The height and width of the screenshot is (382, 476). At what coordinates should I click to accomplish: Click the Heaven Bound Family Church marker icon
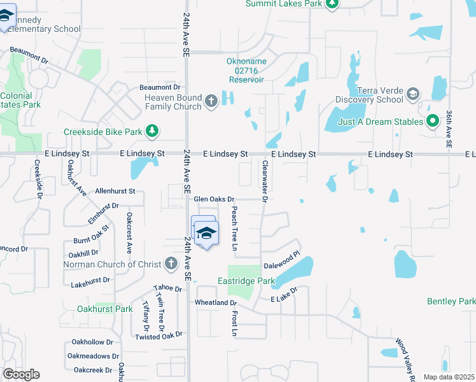coord(211,101)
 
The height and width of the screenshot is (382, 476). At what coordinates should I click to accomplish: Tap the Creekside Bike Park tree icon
coord(151,132)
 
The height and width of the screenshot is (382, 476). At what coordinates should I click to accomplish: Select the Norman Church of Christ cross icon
coord(171,264)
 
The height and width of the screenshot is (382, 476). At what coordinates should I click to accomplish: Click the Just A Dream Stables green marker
coord(433,121)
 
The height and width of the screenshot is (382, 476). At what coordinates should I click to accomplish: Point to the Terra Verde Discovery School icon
coord(412,95)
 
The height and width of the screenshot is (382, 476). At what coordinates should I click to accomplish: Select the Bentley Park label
coord(451,301)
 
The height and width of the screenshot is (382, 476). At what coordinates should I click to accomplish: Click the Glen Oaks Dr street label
coord(214,199)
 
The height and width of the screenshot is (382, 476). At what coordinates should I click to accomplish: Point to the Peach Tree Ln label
coord(234,228)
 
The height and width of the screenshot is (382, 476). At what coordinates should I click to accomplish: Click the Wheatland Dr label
coord(215,302)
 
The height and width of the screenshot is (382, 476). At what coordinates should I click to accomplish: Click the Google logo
coord(21,374)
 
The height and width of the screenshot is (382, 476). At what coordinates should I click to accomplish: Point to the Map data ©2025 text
coord(448,377)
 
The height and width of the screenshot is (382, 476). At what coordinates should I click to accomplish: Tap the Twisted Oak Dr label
coord(158,335)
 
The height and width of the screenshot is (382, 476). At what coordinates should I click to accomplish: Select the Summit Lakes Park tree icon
coord(331,4)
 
